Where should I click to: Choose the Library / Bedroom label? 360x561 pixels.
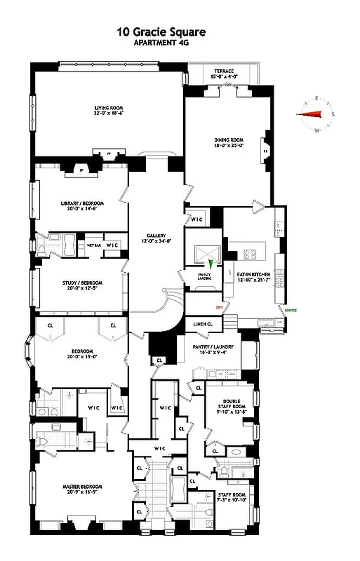[x=78, y=207]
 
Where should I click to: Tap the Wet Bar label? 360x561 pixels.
[x=95, y=245]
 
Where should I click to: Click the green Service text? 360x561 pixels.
[x=291, y=310]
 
